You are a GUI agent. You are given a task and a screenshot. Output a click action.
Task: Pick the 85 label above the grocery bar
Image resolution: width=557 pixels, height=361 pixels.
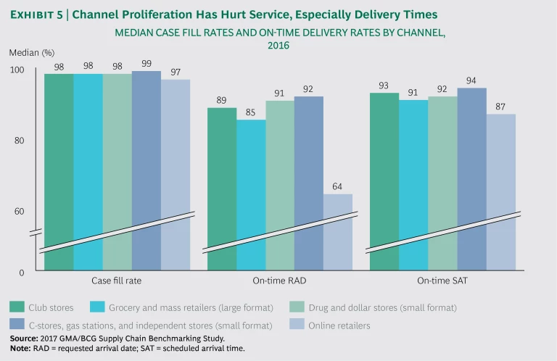coord(251,112)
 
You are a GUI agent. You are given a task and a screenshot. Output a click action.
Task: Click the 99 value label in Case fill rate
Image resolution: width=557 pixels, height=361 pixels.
coord(147,64)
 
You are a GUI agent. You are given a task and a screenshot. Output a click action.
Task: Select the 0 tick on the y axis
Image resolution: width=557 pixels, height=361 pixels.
coord(21,273)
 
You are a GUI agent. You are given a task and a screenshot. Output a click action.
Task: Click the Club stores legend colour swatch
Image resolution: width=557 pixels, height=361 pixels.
coord(15,307)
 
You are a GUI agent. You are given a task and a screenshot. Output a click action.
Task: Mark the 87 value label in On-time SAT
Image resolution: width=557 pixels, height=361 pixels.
coord(500,107)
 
